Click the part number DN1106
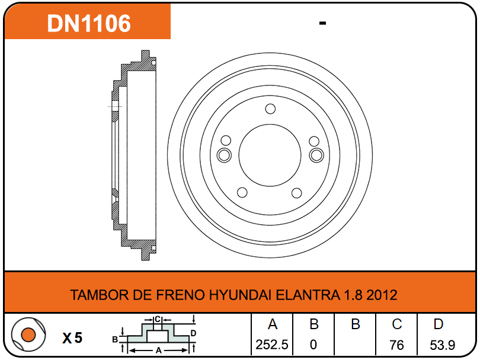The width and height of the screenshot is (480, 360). pyautogui.click(x=89, y=23)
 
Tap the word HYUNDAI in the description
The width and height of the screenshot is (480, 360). pyautogui.click(x=241, y=295)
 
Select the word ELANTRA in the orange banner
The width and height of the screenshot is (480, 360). pyautogui.click(x=308, y=295)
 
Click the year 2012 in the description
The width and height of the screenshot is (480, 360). pyautogui.click(x=382, y=295)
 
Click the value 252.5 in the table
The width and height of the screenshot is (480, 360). pyautogui.click(x=272, y=345)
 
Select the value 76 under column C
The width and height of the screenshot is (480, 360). pyautogui.click(x=396, y=345)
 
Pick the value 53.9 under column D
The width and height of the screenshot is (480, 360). pyautogui.click(x=442, y=345)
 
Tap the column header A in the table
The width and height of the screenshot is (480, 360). pyautogui.click(x=273, y=324)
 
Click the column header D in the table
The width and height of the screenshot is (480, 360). pyautogui.click(x=439, y=324)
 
